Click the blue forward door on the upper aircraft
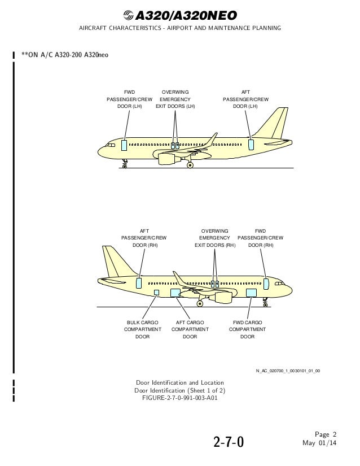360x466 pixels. coord(124,145)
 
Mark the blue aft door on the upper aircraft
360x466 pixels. coord(251,145)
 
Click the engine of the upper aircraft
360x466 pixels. coord(169,159)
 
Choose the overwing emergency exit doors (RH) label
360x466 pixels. coord(214,238)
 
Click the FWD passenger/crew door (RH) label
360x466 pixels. coord(260,238)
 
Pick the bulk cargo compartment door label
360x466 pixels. coord(142,329)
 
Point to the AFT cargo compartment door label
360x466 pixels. coord(190,329)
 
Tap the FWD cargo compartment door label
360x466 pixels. coord(247,329)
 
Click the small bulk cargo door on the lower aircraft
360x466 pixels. coord(157,292)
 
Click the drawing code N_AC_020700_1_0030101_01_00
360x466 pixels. coord(288,371)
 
